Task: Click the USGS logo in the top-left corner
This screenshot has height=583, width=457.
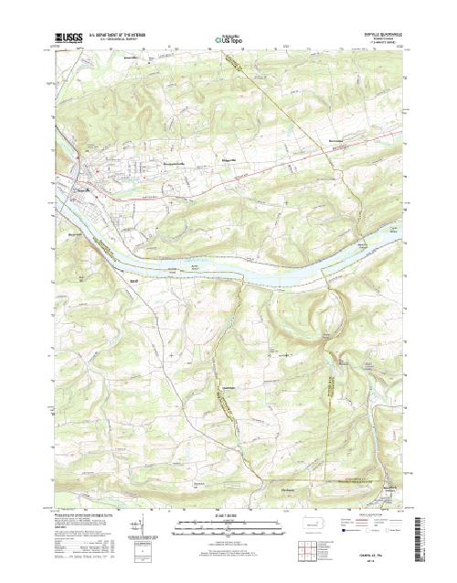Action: (x=69, y=38)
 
